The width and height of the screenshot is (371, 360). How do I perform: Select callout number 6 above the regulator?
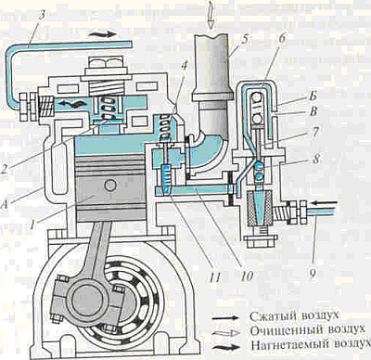tap(283, 40)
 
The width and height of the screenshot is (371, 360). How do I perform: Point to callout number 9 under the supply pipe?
tap(313, 272)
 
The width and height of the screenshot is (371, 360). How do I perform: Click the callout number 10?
tap(246, 276)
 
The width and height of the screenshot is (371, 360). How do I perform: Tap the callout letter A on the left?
tap(5, 204)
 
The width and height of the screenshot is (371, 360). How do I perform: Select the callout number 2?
tap(6, 169)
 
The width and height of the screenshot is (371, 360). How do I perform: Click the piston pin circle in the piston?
tap(110, 185)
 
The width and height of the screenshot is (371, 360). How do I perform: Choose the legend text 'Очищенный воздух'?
tap(308, 330)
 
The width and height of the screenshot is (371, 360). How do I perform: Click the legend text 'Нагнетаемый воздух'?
tap(311, 344)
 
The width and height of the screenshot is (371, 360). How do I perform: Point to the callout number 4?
tap(185, 66)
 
